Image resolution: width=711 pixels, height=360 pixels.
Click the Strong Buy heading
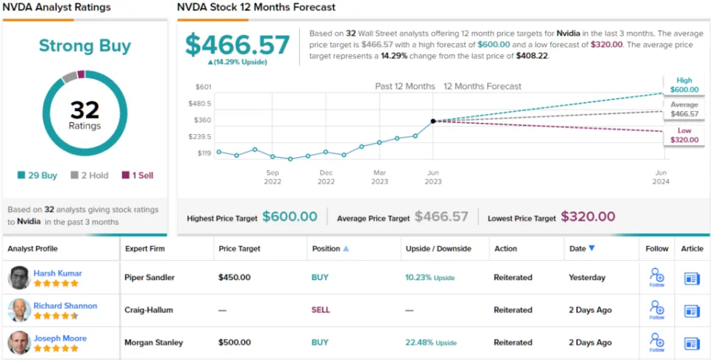click(x=84, y=46)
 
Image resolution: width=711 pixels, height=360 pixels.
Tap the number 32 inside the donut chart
click(x=84, y=110)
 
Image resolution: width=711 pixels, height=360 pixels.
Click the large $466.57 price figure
click(x=237, y=45)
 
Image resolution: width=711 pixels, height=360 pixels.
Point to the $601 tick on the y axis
click(x=204, y=87)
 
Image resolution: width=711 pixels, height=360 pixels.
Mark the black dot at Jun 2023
click(x=433, y=121)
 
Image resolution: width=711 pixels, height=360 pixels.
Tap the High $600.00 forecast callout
click(x=684, y=85)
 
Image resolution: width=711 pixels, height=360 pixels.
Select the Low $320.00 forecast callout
click(x=684, y=134)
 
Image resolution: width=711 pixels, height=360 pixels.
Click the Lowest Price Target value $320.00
click(x=587, y=216)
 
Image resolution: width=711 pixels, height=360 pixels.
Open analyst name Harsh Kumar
click(x=58, y=273)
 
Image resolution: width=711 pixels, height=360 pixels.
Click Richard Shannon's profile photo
click(x=19, y=310)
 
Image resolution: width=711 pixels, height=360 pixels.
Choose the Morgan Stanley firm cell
click(x=153, y=343)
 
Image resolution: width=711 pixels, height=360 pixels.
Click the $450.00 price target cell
click(x=234, y=278)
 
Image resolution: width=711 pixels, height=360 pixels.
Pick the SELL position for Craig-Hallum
click(x=320, y=310)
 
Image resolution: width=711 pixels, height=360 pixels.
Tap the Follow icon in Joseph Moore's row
click(x=657, y=342)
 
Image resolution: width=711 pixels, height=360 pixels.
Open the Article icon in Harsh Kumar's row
click(x=692, y=279)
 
